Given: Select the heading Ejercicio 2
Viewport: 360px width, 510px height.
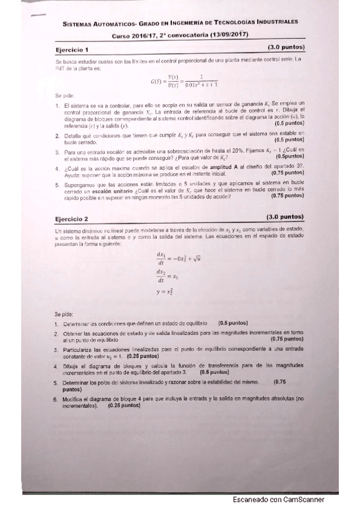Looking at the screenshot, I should point(72,219).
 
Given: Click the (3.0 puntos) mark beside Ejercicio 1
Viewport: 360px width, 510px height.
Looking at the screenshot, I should point(286,47).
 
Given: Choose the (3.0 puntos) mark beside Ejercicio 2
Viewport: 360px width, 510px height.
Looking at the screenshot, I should point(285,217).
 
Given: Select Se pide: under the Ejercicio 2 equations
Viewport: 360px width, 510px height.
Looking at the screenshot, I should point(64,314).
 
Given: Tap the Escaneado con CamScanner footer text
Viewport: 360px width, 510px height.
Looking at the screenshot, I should point(278,500).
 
